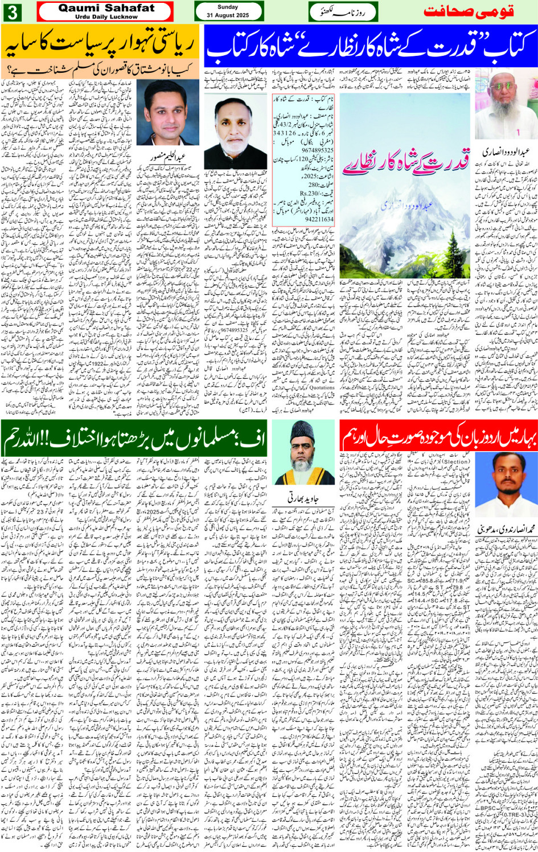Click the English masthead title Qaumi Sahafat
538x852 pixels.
click(106, 8)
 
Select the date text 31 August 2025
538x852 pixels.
click(228, 15)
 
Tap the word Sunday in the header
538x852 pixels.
click(228, 7)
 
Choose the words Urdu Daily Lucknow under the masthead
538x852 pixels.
click(106, 17)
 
